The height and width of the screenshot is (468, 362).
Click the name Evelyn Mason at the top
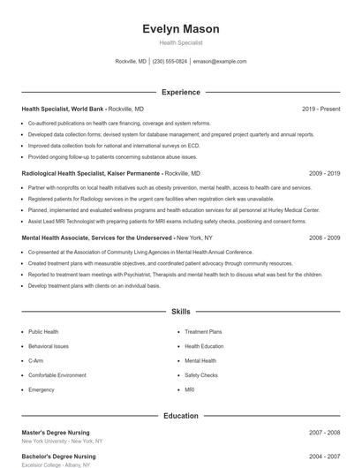click(181, 29)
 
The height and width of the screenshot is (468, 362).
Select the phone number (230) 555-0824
click(170, 62)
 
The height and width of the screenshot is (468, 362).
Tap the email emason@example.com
click(220, 62)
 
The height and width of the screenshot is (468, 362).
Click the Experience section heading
click(181, 92)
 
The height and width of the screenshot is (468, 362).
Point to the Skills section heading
click(181, 312)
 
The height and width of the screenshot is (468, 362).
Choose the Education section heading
click(181, 415)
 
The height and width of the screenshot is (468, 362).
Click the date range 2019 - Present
click(321, 109)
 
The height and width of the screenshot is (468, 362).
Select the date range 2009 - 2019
click(324, 174)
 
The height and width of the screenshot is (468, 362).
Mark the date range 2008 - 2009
click(324, 238)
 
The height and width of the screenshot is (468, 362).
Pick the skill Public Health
click(43, 332)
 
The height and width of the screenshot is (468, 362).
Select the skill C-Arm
click(36, 361)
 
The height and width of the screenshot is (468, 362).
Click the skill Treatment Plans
click(203, 332)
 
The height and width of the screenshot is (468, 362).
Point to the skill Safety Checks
click(201, 375)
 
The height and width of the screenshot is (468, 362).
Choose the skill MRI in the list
click(190, 389)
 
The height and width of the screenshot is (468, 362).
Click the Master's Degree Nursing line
click(57, 433)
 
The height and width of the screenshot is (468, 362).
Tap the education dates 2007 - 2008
click(324, 433)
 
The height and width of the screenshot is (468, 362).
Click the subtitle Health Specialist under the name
click(181, 42)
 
